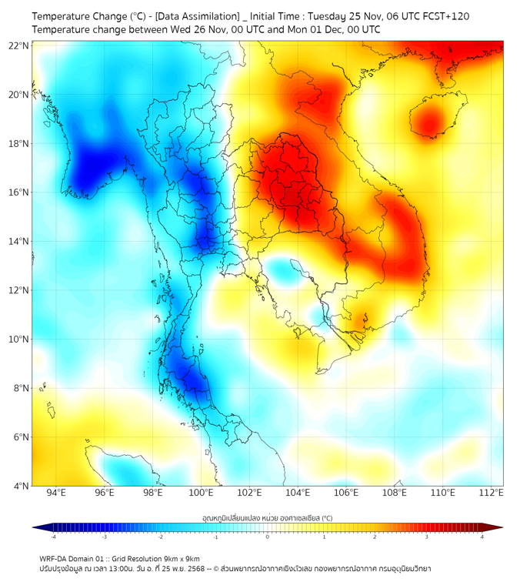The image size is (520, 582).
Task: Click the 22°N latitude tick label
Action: tap(19, 45)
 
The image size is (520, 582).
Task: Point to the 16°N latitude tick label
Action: tap(19, 192)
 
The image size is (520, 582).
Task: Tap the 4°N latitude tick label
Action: tap(21, 486)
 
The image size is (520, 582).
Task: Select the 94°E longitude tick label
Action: tap(56, 493)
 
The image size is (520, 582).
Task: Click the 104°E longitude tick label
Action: tap(298, 493)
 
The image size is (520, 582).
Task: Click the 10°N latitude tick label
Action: tap(19, 339)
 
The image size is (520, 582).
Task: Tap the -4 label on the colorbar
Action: tap(53, 537)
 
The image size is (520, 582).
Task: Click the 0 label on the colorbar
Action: tap(268, 537)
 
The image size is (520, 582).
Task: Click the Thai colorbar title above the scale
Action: tap(267, 518)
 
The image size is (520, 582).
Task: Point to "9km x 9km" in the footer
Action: tap(179, 558)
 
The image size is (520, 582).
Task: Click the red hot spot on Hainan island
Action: tap(429, 122)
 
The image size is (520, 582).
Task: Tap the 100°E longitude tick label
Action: tap(202, 493)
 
